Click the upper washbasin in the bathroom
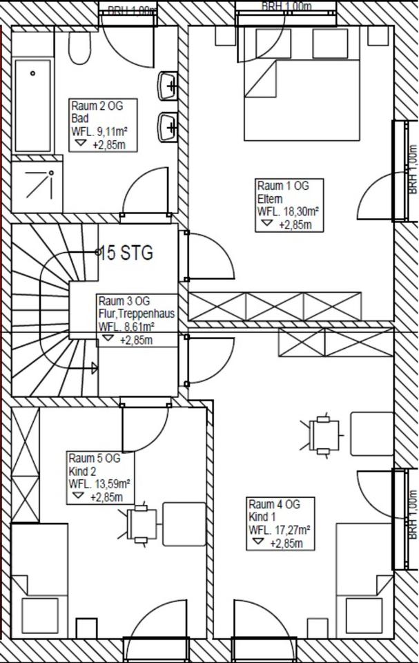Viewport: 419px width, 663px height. pos(168,86)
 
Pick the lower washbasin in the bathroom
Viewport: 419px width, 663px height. pos(168,126)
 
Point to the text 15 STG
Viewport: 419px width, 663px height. pos(126,253)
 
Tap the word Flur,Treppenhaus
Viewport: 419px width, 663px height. pos(136,314)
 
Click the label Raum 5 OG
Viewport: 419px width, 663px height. pos(94,458)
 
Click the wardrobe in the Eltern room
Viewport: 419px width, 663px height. pos(275,306)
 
